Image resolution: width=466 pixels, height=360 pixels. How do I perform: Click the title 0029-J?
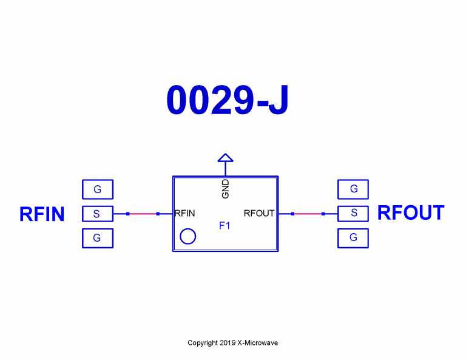227,101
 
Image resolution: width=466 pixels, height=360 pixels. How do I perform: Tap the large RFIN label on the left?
42,214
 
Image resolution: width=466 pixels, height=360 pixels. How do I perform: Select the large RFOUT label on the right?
411,213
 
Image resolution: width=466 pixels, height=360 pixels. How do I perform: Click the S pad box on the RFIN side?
97,214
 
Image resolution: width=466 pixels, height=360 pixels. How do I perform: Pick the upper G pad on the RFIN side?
97,189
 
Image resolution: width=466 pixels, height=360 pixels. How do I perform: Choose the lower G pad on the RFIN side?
97,238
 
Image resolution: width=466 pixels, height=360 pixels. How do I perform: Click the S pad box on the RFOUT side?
353,214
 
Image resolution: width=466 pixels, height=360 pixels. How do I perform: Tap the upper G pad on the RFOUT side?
353,189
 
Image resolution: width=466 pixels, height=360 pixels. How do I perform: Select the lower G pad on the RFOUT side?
353,238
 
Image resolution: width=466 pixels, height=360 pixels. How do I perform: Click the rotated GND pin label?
226,189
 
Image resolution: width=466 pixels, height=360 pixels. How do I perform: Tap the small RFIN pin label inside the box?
185,214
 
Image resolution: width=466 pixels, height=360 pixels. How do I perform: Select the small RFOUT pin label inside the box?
259,214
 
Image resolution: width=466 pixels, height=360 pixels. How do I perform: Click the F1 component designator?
225,226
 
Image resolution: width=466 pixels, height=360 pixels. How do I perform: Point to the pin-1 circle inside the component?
188,236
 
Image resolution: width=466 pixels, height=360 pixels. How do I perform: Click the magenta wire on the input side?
143,214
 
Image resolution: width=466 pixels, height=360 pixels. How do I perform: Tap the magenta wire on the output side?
308,214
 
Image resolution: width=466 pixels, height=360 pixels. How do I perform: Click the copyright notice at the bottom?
233,343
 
